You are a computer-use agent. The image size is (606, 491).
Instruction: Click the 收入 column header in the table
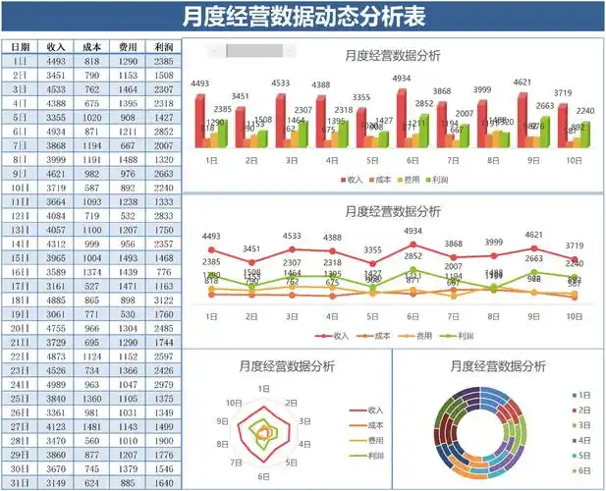click(56, 46)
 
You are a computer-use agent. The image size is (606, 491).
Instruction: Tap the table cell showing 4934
click(56, 131)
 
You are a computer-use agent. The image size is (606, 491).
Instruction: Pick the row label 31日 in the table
click(21, 483)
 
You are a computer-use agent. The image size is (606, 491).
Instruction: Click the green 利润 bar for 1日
click(223, 135)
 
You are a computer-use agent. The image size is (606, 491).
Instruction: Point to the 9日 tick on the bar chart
click(533, 159)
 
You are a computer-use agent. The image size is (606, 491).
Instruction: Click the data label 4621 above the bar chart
click(523, 82)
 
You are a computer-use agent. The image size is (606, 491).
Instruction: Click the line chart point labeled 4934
click(413, 245)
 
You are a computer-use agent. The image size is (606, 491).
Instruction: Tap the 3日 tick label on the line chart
click(292, 316)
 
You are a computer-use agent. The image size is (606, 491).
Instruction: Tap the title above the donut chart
click(498, 365)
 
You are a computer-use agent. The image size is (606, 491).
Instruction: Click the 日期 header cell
click(21, 46)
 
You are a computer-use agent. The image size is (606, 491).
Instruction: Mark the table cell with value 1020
click(92, 117)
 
